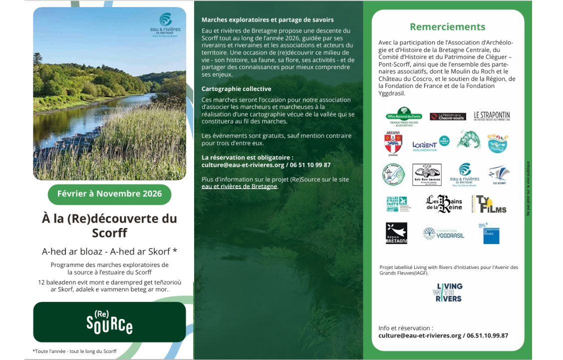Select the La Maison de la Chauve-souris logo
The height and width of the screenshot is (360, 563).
click(448, 116)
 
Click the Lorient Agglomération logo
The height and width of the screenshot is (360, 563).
click(425, 145)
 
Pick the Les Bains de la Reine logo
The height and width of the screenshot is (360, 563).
click(444, 203)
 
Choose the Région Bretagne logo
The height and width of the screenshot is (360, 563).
click(396, 233)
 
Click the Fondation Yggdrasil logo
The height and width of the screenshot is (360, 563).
click(444, 233)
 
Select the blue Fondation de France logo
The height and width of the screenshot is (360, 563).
click(491, 233)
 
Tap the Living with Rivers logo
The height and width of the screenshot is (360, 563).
click(448, 292)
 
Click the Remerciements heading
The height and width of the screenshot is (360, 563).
click(447, 27)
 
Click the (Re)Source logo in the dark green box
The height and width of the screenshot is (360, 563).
click(109, 322)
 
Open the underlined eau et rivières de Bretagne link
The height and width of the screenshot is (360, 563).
click(239, 186)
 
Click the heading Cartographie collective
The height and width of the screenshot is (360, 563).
click(237, 89)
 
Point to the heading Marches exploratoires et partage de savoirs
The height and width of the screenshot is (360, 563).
click(268, 20)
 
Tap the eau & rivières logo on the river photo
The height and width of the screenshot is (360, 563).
click(165, 24)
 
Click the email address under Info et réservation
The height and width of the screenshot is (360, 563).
click(420, 335)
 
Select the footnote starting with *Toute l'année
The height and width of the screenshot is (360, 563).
click(74, 351)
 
